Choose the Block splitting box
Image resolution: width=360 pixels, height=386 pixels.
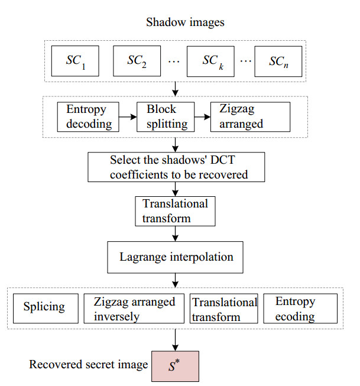click(163, 116)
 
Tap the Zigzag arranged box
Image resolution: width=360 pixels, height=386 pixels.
click(250, 116)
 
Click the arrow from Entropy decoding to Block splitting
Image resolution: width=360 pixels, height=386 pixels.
click(127, 117)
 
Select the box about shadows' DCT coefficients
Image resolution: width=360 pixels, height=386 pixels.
click(175, 167)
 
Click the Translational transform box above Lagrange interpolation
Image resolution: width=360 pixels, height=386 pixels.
click(175, 212)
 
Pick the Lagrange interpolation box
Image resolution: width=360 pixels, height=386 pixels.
click(175, 257)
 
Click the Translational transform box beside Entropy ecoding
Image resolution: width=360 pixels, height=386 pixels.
click(223, 309)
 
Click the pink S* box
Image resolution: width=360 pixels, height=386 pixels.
click(174, 366)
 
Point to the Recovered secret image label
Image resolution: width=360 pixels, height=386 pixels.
click(88, 365)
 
